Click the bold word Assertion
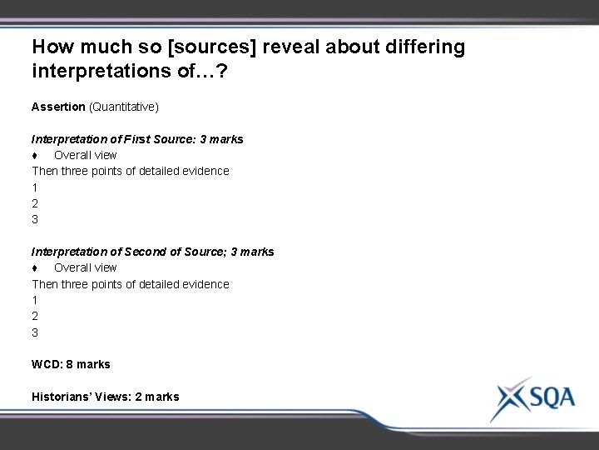pyautogui.click(x=58, y=107)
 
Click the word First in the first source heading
pyautogui.click(x=145, y=139)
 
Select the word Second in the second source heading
pyautogui.click(x=155, y=251)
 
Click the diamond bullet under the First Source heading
pyautogui.click(x=35, y=155)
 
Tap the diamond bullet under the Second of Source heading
pyautogui.click(x=35, y=267)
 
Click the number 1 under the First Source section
pyautogui.click(x=35, y=187)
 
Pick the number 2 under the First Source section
pyautogui.click(x=35, y=202)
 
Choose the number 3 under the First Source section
pyautogui.click(x=35, y=219)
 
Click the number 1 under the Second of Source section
pyautogui.click(x=35, y=299)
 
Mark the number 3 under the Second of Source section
pyautogui.click(x=35, y=332)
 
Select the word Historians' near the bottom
pyautogui.click(x=65, y=397)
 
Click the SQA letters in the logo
pyautogui.click(x=551, y=396)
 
